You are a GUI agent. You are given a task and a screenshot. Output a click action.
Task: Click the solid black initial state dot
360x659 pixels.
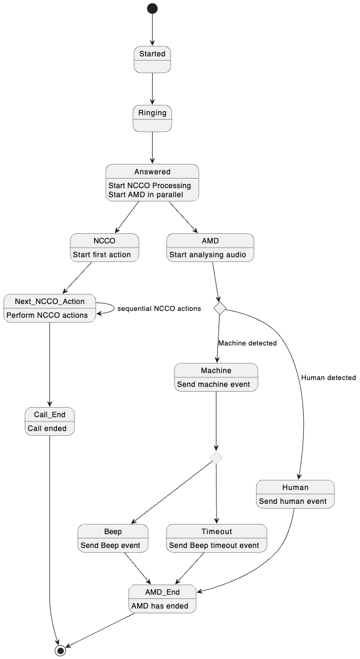tap(152, 8)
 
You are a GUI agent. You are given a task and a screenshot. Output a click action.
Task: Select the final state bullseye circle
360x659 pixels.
tap(61, 650)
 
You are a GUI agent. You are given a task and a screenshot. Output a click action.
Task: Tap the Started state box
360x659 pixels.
tap(152, 59)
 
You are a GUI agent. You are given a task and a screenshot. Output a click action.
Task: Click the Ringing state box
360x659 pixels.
tap(152, 118)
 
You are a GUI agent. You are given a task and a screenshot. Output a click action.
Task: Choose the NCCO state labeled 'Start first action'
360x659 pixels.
tap(104, 248)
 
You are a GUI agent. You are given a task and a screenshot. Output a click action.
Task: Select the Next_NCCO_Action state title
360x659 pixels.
tap(49, 301)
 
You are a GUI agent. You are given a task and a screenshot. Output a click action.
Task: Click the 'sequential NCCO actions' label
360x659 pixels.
tap(159, 308)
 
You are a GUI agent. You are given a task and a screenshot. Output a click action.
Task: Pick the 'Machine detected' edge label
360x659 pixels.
tap(247, 343)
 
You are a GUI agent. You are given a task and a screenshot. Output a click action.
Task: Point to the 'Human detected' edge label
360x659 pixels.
tap(328, 377)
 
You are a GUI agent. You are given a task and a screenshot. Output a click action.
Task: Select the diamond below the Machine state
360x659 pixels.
tap(216, 457)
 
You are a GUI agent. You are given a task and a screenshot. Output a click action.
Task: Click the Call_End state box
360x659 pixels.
tap(49, 421)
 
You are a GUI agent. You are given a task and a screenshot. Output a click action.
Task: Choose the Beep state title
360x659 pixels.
tap(113, 531)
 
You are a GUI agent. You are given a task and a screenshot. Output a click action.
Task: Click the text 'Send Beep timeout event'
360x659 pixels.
tap(214, 545)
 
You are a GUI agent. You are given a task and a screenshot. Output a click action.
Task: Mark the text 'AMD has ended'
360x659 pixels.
tap(159, 606)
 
